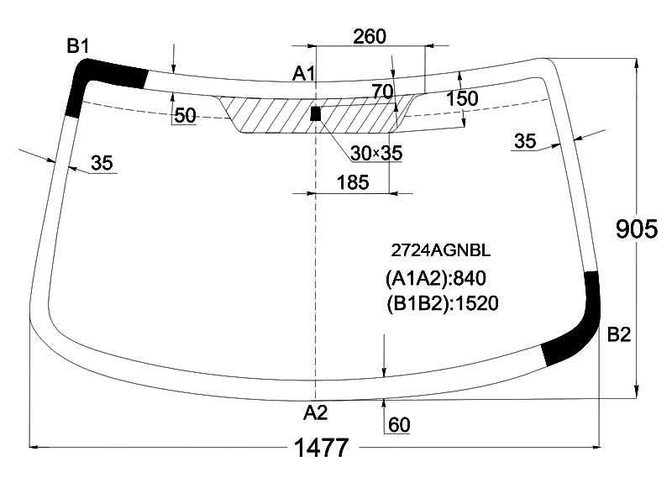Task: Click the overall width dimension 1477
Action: (x=322, y=448)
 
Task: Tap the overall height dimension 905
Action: (x=636, y=228)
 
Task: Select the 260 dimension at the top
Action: (x=370, y=36)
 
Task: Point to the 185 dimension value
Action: (x=353, y=182)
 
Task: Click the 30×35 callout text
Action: (x=376, y=153)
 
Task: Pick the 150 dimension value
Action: (x=462, y=98)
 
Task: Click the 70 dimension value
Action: (x=382, y=92)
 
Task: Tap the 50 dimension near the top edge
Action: (x=185, y=115)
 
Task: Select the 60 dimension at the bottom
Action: (x=399, y=425)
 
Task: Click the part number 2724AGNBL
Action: (x=440, y=250)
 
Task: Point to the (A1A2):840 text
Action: (x=436, y=279)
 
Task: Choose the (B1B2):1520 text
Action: (x=443, y=303)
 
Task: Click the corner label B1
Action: (x=78, y=46)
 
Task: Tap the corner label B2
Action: (x=619, y=334)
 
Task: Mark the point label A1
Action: (x=303, y=74)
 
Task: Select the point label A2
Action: (x=316, y=412)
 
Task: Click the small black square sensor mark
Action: (x=316, y=113)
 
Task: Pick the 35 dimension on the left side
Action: (x=102, y=163)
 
